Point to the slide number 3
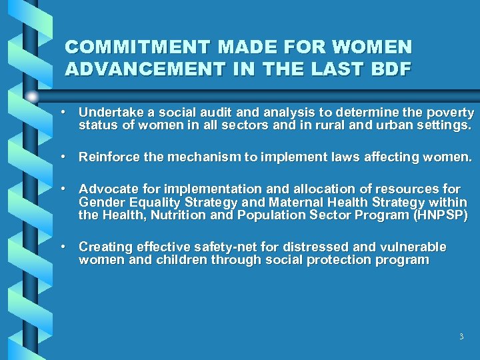[461, 337]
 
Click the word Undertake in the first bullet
[106, 113]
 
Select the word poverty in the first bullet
[451, 113]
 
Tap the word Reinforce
[108, 157]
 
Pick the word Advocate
[105, 189]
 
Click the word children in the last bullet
[181, 260]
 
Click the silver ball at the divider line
[32, 95]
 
